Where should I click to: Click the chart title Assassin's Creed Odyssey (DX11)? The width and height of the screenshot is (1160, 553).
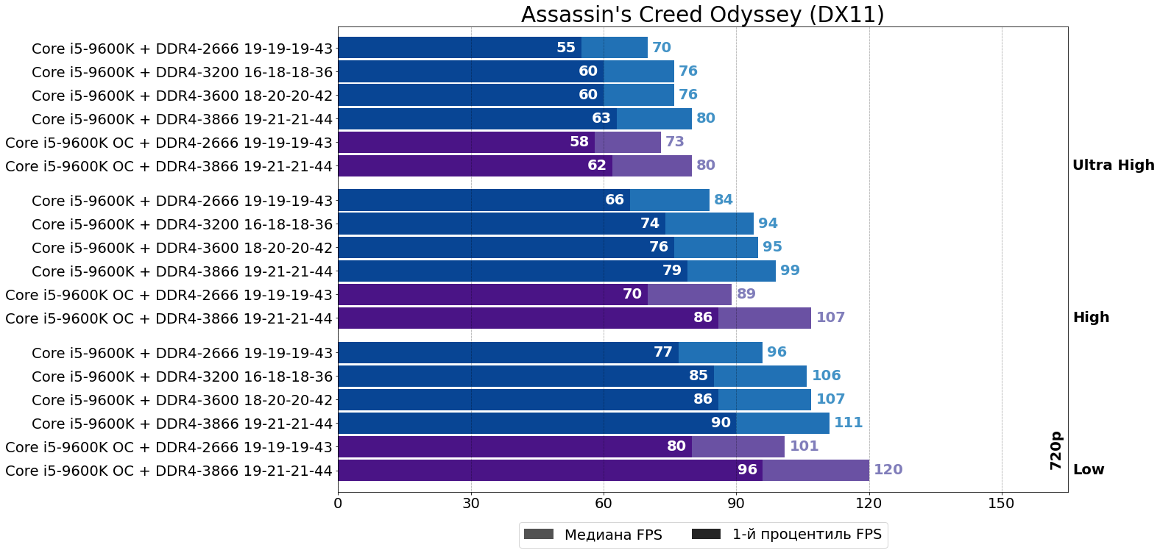[x=702, y=15]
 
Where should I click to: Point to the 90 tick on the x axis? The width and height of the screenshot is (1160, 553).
[x=736, y=504]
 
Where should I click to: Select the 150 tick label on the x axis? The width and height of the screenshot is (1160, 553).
[x=1001, y=504]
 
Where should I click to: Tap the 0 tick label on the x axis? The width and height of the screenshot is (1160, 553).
[x=338, y=504]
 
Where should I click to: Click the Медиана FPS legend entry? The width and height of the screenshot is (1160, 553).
[x=593, y=535]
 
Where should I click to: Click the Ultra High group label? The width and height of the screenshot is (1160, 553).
[x=1113, y=165]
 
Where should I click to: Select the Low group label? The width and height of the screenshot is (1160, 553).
[x=1088, y=470]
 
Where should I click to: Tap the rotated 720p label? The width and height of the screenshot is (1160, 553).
[x=1055, y=451]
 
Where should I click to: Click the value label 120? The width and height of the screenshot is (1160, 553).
[x=888, y=470]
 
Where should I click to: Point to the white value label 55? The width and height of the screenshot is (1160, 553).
[x=565, y=48]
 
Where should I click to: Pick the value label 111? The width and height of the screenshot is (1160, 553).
[x=848, y=423]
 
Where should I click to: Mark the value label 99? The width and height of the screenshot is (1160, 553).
[x=790, y=271]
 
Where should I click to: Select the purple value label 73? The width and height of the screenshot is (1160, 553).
[x=674, y=142]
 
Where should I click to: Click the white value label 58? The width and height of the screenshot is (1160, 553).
[x=579, y=142]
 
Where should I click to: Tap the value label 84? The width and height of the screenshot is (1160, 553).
[x=723, y=200]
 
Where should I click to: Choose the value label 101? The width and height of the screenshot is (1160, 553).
[x=804, y=446]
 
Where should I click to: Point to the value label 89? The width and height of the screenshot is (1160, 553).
[x=746, y=294]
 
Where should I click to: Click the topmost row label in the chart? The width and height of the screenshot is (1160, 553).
[x=182, y=49]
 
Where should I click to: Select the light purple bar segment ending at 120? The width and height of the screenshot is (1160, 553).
[x=815, y=470]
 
